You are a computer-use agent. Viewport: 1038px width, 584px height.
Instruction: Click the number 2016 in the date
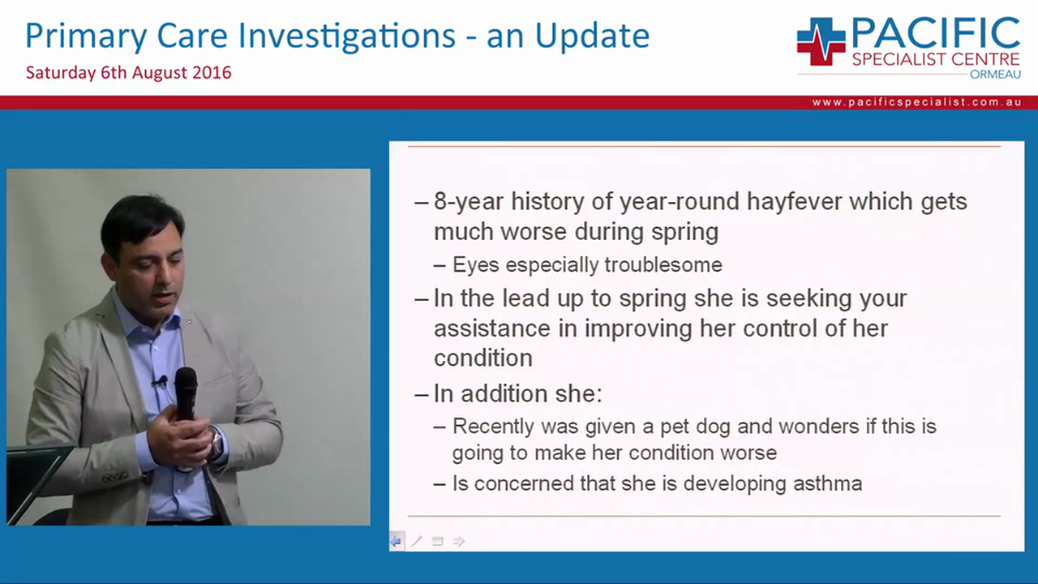pos(212,72)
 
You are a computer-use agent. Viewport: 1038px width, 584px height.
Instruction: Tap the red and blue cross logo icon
pos(821,41)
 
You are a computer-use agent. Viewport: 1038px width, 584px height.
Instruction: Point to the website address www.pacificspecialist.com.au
pos(916,102)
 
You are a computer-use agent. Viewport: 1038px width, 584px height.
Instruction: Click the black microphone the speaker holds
pos(186,394)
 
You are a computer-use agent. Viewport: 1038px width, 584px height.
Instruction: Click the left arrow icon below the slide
pos(396,541)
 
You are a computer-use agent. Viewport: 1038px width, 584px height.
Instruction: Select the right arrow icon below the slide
pos(459,541)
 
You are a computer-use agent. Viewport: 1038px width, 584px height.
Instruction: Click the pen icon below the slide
pos(416,541)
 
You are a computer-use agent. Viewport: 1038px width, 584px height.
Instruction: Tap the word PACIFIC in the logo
pos(935,33)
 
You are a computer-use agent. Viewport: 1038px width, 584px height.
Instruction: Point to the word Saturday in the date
pos(60,72)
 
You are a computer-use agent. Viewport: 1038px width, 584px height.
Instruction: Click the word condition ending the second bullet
pos(483,358)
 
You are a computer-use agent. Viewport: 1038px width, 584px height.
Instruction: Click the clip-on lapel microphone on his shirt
pos(161,380)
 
